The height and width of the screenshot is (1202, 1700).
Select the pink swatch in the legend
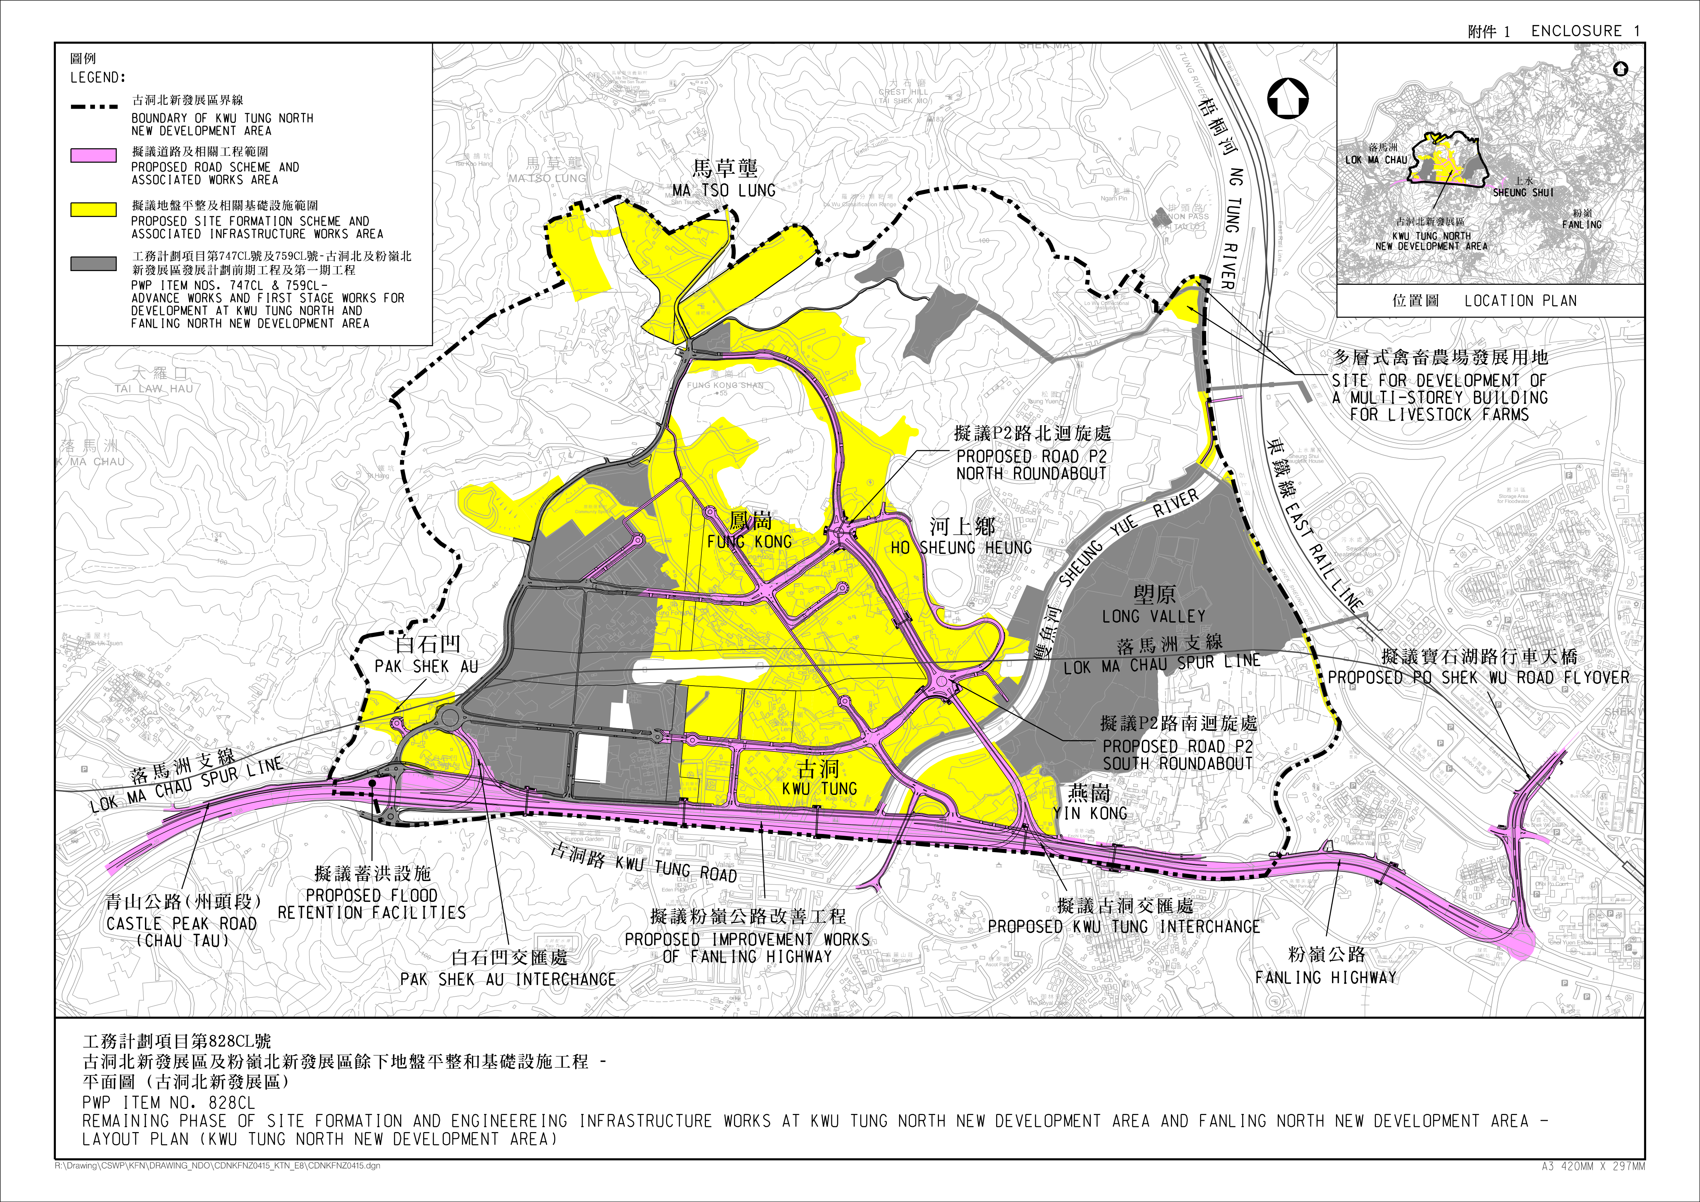click(x=93, y=156)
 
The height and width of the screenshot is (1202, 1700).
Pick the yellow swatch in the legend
click(x=93, y=209)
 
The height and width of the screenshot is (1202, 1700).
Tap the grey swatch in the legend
click(x=93, y=263)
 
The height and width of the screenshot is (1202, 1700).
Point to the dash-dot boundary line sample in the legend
click(x=93, y=107)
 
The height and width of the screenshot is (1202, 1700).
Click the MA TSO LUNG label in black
click(x=724, y=190)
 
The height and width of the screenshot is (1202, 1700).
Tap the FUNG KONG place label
click(x=749, y=542)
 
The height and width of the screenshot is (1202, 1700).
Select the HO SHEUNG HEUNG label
click(x=961, y=548)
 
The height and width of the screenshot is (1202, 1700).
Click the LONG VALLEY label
click(x=1153, y=616)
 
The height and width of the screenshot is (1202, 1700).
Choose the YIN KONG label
click(x=1090, y=813)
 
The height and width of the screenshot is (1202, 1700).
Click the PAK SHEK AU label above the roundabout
click(x=427, y=666)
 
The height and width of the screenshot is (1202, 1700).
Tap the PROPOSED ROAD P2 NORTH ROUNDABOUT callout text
click(x=1031, y=465)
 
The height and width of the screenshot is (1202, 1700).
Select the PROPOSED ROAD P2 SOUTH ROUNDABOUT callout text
click(x=1177, y=755)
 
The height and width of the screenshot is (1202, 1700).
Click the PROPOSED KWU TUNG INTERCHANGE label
click(x=1124, y=927)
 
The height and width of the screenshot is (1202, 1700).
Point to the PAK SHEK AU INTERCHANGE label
click(x=508, y=979)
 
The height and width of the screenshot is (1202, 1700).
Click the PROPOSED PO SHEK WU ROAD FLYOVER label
click(x=1479, y=677)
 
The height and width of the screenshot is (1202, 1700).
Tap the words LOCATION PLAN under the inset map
click(x=1520, y=300)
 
